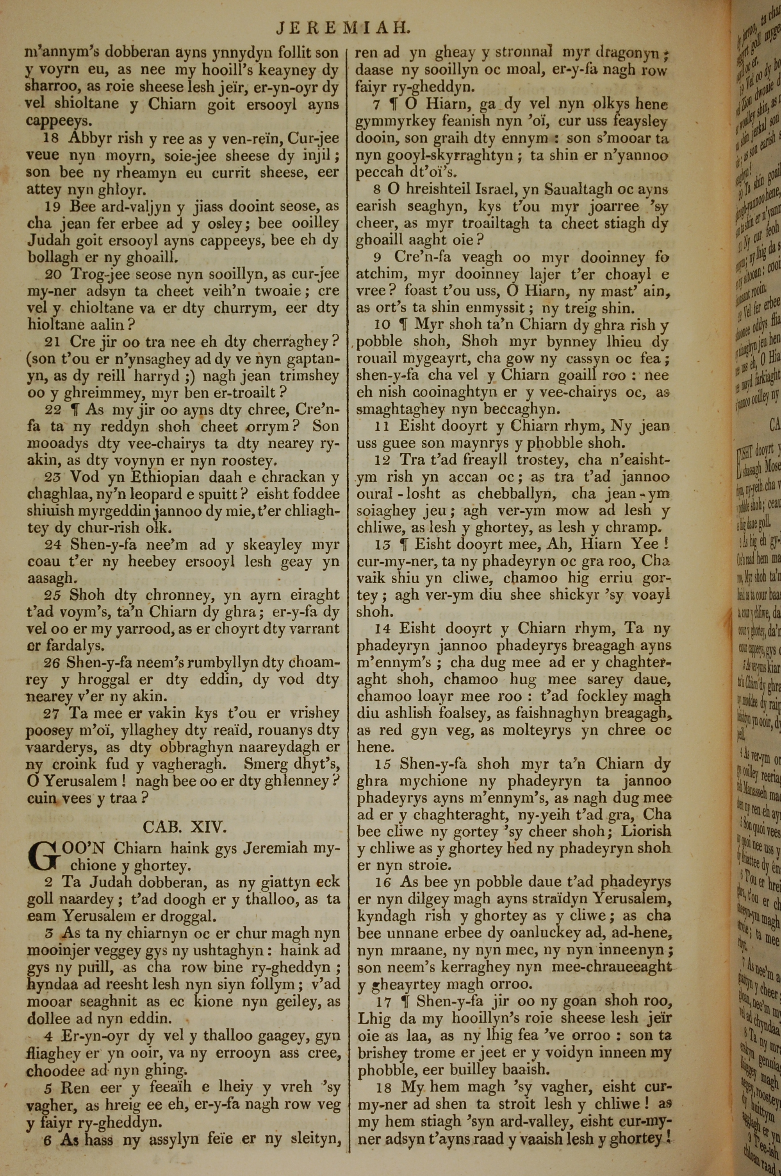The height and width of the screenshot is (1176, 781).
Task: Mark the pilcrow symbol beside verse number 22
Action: [x=75, y=410]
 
